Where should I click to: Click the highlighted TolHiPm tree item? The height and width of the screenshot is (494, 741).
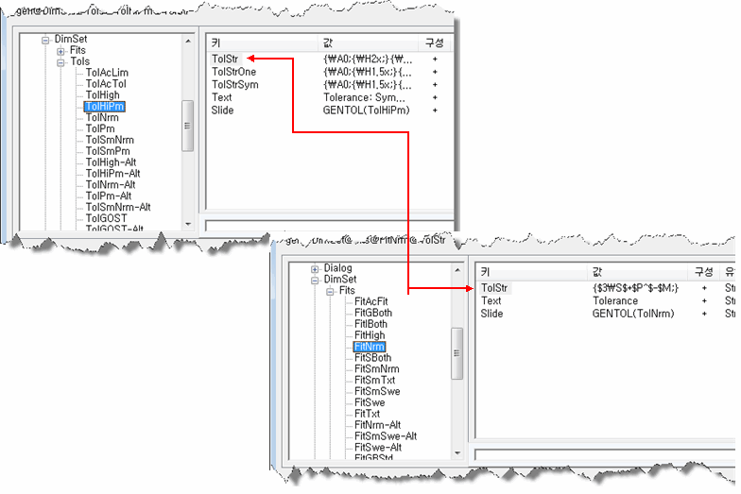pos(105,107)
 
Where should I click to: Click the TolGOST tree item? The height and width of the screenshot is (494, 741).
pos(105,218)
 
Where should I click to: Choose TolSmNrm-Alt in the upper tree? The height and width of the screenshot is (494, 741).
pos(118,207)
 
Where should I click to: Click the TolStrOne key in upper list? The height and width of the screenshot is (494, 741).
pos(233,72)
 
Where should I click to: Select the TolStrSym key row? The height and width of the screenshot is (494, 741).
pos(235,84)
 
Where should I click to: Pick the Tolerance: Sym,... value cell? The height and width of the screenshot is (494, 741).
pos(364,97)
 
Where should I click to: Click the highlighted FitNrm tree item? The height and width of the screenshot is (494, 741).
pos(370,347)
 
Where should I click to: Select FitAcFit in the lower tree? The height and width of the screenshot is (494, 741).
pos(371,301)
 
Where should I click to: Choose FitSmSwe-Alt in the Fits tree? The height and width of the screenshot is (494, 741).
pos(386,436)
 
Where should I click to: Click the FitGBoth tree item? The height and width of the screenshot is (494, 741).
pos(373,313)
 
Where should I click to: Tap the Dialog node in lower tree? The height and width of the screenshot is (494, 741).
pos(337,268)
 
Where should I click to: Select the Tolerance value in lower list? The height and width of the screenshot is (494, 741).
pos(615,301)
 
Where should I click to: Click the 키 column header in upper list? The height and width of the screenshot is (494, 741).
pos(216,43)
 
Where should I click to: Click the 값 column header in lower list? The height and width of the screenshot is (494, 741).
pos(596,270)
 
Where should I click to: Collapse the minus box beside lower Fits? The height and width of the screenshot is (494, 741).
pos(330,291)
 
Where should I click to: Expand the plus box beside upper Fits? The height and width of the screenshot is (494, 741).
pos(60,50)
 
